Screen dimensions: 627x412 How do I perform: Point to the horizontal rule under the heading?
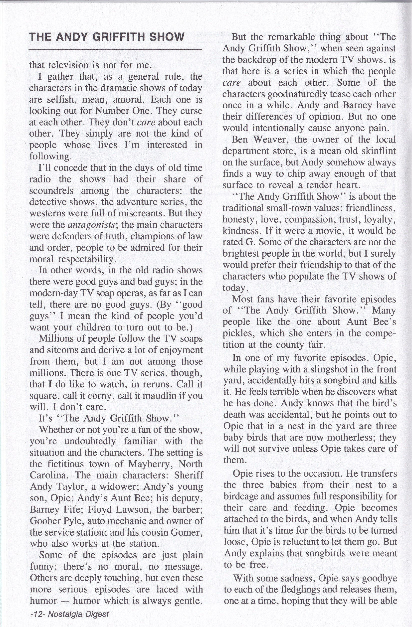(115, 49)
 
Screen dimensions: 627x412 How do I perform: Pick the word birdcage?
(243, 496)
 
